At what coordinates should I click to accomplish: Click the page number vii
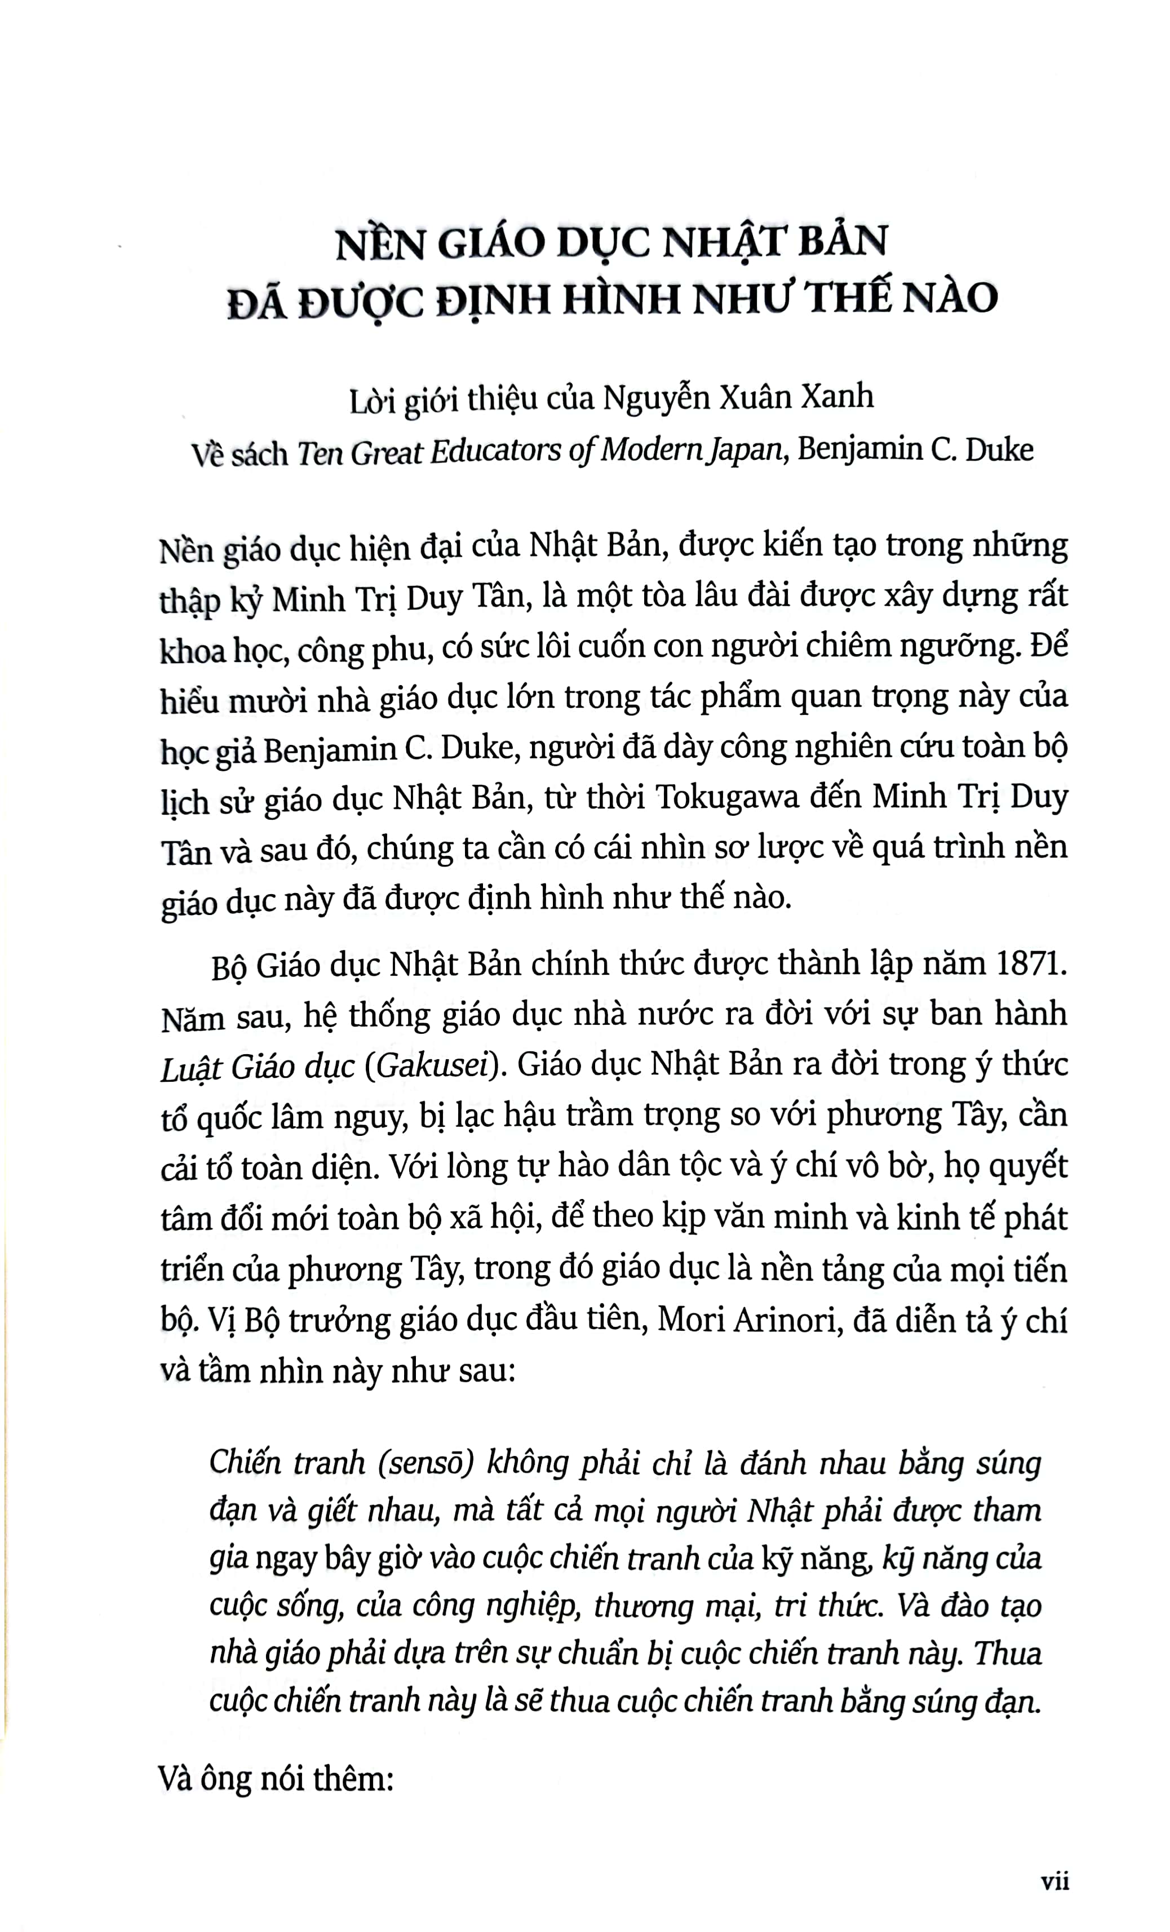(1054, 1880)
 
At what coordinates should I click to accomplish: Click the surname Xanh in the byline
(836, 397)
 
